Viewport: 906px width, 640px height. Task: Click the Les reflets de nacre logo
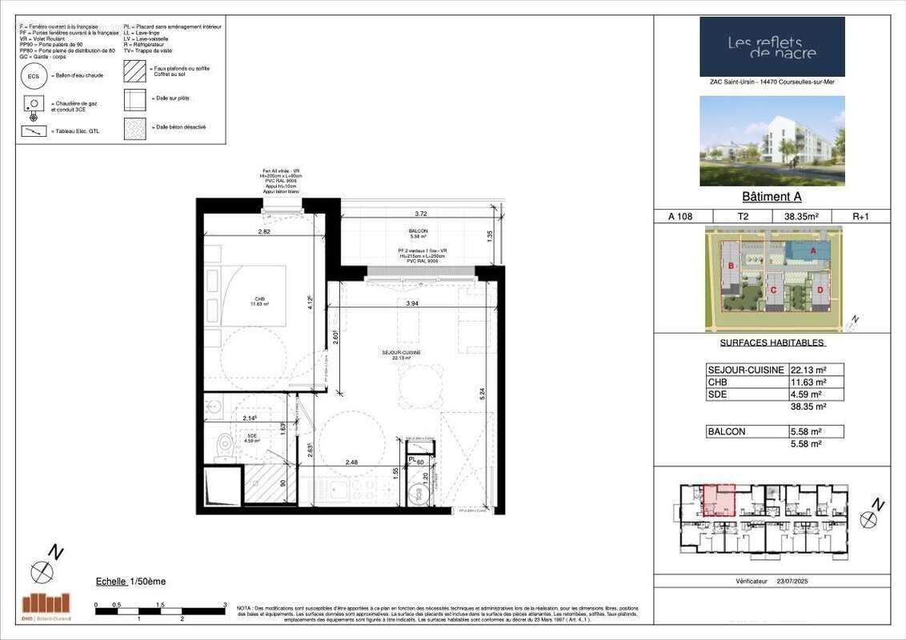click(x=772, y=47)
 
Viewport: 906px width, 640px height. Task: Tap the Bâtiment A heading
click(x=772, y=198)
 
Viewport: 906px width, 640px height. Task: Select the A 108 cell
click(x=679, y=216)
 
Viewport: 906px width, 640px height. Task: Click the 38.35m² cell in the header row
click(x=794, y=216)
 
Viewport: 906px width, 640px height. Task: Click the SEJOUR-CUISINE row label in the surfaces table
click(x=737, y=370)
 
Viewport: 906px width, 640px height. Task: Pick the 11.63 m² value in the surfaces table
click(x=808, y=382)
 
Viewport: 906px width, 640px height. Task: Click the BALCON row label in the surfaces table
click(x=727, y=432)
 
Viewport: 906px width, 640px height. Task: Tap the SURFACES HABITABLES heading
click(x=772, y=343)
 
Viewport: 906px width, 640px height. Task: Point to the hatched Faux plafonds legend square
click(x=134, y=72)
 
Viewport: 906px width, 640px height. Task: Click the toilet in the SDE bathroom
click(x=225, y=442)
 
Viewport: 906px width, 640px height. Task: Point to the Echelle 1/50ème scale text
click(x=130, y=582)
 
